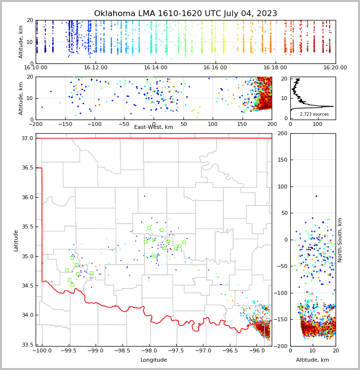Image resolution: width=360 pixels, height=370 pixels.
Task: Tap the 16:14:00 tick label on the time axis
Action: tap(156, 68)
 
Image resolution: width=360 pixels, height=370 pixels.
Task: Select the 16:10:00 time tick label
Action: tap(36, 68)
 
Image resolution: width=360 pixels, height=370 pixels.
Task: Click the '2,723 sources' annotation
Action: tap(314, 114)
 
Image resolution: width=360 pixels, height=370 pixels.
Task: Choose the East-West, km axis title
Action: tap(154, 127)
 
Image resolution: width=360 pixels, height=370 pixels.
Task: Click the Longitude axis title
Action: tap(154, 360)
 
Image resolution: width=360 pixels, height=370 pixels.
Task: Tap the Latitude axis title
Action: tap(16, 240)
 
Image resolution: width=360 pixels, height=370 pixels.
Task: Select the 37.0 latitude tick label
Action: tap(27, 139)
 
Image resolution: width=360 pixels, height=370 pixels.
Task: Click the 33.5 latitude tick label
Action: tap(27, 345)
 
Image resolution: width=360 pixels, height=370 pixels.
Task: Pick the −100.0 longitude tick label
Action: tap(41, 350)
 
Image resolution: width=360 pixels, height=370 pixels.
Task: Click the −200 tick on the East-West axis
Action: tap(36, 124)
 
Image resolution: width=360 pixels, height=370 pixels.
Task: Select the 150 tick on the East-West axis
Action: tap(242, 124)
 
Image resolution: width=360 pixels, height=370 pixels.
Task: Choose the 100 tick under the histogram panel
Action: tap(318, 124)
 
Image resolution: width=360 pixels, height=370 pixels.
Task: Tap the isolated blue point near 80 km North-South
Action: tap(316, 196)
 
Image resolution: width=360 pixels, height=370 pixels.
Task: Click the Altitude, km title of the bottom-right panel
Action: tap(313, 360)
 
